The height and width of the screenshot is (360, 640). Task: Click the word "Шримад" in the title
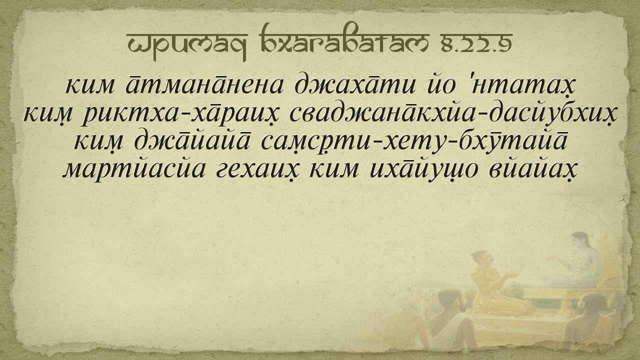187,43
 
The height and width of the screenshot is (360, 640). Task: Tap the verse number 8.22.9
476,42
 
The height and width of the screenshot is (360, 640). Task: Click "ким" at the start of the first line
89,85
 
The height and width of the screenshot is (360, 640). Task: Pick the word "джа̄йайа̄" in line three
192,141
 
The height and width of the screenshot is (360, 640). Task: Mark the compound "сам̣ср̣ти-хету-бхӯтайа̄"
413,141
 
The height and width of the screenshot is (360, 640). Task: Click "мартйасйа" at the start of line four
133,169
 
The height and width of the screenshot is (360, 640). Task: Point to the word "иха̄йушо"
423,169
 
